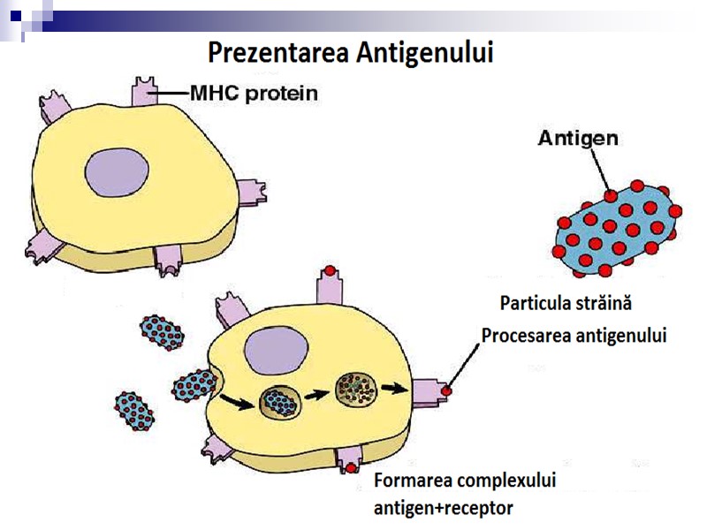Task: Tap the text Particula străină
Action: [566, 303]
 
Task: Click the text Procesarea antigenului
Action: [574, 336]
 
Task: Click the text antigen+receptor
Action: [443, 508]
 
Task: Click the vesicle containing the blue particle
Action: [278, 402]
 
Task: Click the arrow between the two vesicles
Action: [315, 395]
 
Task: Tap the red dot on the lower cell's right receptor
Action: [448, 390]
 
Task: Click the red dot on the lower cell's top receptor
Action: [329, 269]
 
